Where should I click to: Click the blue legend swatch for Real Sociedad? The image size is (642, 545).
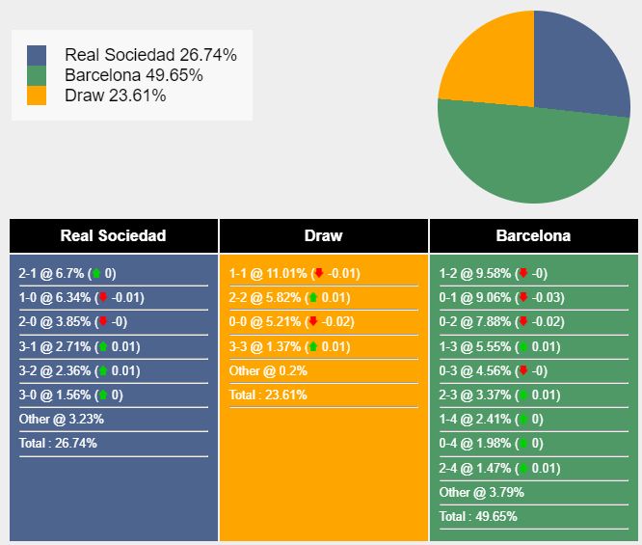point(37,55)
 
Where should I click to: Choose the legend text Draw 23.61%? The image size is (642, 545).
point(115,95)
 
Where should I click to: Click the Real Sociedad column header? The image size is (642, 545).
point(113,235)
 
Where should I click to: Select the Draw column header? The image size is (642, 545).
point(323,235)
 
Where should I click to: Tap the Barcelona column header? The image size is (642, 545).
point(533,235)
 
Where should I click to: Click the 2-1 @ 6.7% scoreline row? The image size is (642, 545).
point(67,273)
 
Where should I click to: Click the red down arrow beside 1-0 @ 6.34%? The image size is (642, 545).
point(103,298)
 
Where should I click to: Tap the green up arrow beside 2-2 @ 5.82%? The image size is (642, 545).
point(312,298)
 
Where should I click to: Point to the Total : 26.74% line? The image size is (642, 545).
point(58,444)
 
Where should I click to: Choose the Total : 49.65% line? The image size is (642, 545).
point(478,517)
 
